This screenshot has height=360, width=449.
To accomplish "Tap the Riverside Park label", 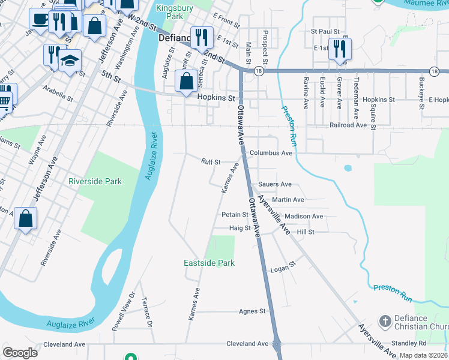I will pos(95,181).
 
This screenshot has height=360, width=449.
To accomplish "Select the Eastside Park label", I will pos(209,263).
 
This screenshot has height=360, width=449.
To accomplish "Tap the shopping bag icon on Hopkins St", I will pos(187,82).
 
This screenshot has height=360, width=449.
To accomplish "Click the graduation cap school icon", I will pos(70,61).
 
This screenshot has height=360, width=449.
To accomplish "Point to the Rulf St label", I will pos(211,162).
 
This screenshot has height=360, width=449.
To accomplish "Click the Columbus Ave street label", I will pos(271,153).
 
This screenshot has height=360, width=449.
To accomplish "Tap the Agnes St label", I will pos(252,311).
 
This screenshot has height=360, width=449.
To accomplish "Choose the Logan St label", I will pos(283,265).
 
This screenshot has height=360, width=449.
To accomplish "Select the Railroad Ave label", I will pos(348,125).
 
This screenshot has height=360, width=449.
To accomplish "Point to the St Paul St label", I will pos(325,31).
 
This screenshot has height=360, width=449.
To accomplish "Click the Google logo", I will pos(20,353).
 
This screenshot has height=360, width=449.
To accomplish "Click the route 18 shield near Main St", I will pos(258,70).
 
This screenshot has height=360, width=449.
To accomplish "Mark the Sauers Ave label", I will pos(274,184).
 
